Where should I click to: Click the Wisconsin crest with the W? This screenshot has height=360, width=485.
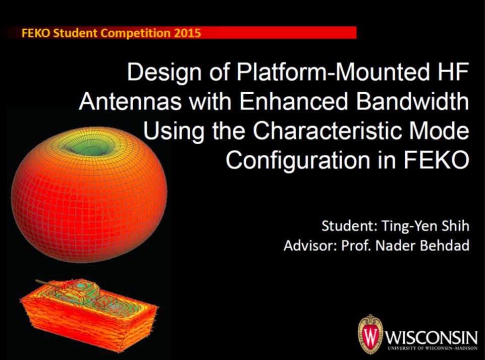tap(370, 334)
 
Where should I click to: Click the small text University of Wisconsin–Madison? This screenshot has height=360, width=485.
tap(430, 348)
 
